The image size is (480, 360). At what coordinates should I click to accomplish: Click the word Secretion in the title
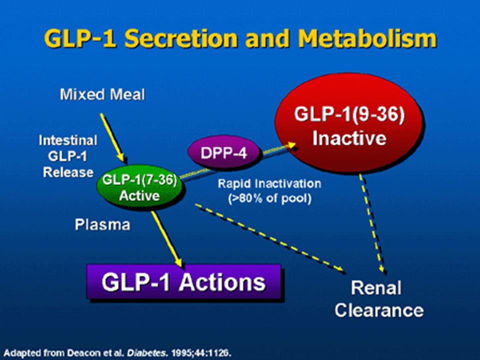tap(181, 38)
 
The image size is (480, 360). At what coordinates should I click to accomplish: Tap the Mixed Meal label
tap(102, 94)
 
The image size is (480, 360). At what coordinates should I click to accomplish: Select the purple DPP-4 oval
tap(224, 152)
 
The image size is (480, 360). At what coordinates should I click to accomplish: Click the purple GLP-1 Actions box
tap(183, 281)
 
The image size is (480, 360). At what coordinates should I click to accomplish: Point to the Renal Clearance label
tap(379, 299)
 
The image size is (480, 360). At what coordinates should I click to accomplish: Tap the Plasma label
tap(102, 224)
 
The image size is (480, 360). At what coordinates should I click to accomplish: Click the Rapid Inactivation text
tap(269, 183)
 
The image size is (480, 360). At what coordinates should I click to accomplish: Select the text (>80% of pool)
tap(269, 198)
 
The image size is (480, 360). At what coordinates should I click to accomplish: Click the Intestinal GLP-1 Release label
tap(68, 156)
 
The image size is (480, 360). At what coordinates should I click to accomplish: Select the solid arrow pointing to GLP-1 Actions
tap(166, 239)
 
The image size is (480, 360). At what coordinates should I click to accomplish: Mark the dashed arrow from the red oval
tap(371, 223)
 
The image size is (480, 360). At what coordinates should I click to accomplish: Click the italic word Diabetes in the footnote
tap(147, 352)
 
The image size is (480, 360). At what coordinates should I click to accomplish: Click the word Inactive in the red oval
tap(349, 138)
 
